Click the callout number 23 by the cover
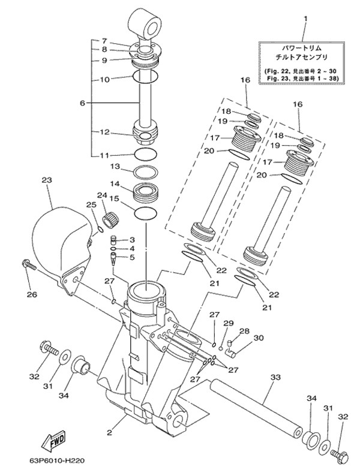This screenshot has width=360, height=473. tap(47, 180)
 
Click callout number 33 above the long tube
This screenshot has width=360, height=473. tap(275, 377)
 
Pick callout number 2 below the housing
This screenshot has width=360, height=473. tap(109, 432)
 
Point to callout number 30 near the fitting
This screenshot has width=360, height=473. tap(259, 338)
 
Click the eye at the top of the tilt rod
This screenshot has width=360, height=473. tap(145, 24)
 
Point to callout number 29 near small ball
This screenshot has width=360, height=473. tap(228, 324)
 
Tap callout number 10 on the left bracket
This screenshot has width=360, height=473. tap(103, 79)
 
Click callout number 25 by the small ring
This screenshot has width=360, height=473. tap(91, 206)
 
